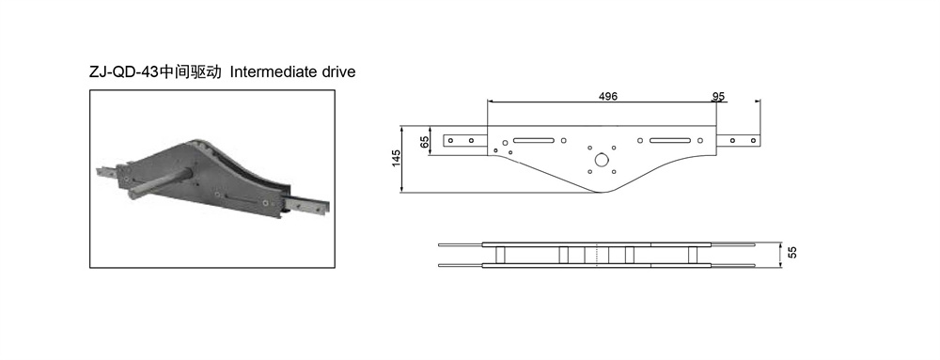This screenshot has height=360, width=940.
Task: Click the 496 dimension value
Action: (x=607, y=97)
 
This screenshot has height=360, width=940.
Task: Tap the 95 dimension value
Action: (x=718, y=97)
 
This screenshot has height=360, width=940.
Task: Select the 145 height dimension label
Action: (x=397, y=160)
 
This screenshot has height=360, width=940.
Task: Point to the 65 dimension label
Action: (x=425, y=142)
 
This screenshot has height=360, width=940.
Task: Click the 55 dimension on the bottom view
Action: (x=793, y=252)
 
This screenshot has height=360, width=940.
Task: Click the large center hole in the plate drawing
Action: (x=601, y=160)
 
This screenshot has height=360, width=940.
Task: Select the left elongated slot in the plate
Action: (x=534, y=141)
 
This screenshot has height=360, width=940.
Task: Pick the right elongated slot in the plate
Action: (x=670, y=141)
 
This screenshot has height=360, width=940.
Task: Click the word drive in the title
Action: (x=337, y=72)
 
